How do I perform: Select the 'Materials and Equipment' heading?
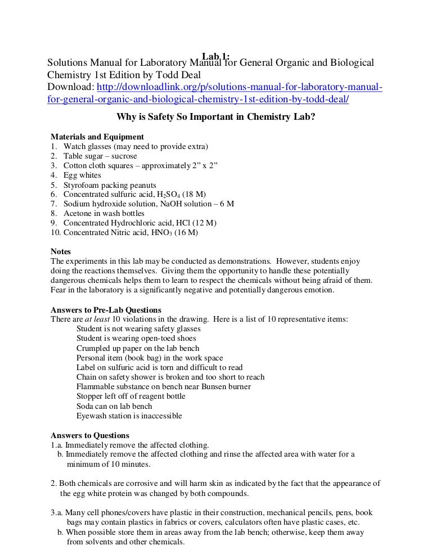tap(97, 137)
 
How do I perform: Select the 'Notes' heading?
tap(61, 252)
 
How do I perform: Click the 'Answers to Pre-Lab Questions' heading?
tap(106, 310)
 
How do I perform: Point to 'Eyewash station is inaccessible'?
tap(129, 416)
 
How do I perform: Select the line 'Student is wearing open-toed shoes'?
tap(136, 339)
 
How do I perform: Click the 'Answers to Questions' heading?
tap(90, 435)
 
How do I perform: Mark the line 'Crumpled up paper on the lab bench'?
tap(138, 348)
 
